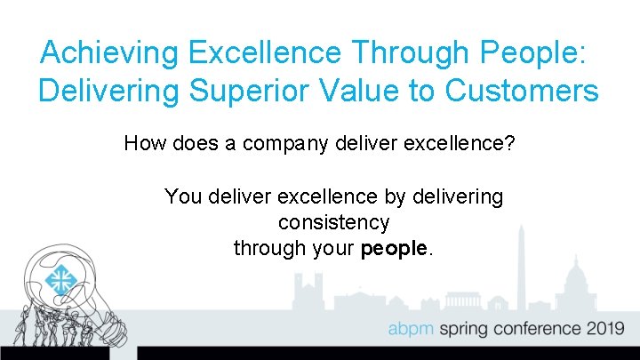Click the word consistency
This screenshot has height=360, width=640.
tap(333, 222)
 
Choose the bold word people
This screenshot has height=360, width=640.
tap(395, 249)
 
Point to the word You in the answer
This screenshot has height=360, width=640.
tap(183, 196)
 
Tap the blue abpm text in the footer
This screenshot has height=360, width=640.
tap(410, 329)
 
